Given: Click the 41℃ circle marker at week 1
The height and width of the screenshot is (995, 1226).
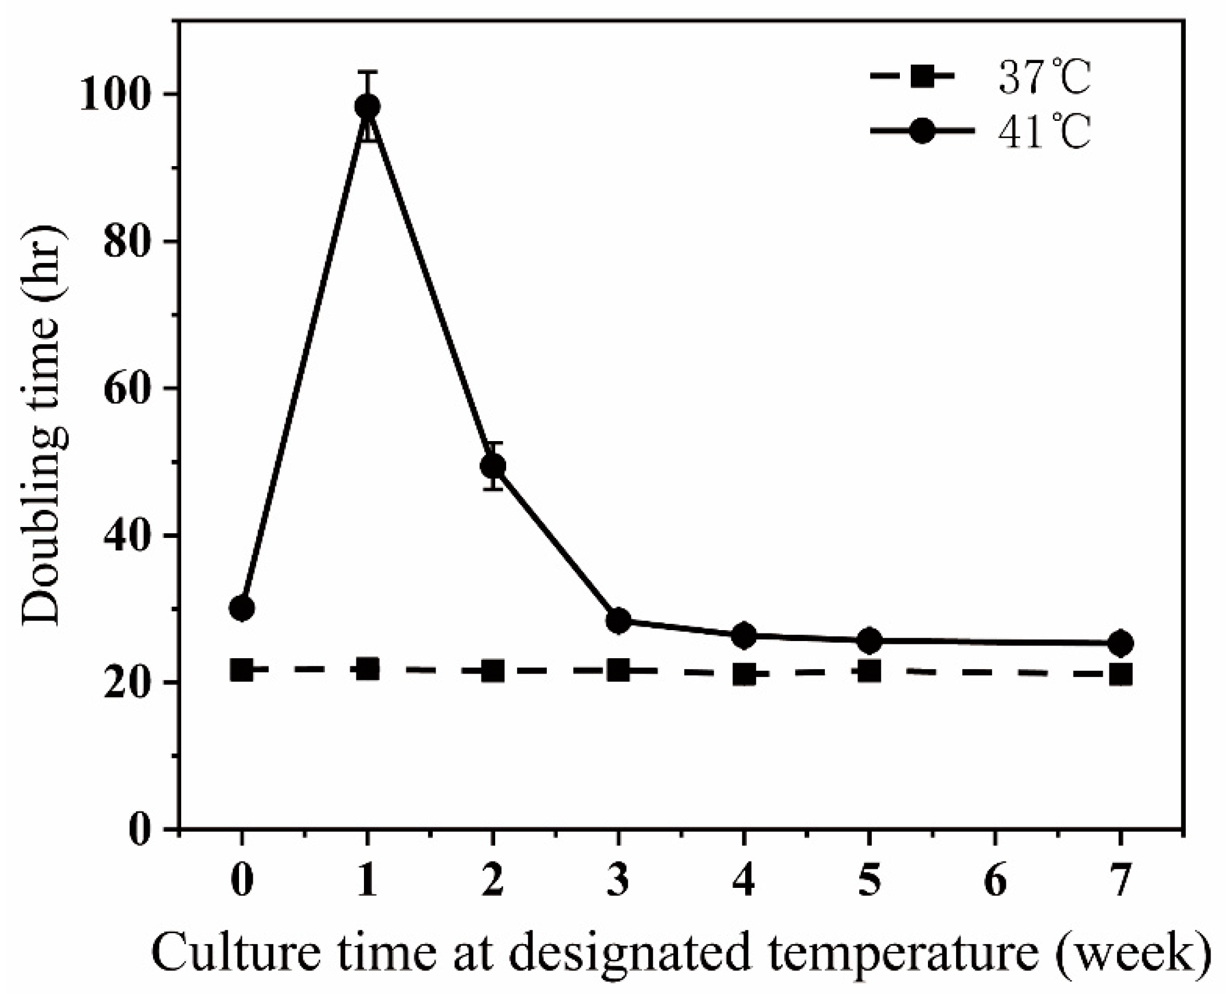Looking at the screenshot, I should coord(367,107).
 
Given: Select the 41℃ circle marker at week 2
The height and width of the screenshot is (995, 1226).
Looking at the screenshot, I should coord(492,466).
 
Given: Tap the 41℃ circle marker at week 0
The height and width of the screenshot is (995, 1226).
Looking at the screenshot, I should coord(241,608).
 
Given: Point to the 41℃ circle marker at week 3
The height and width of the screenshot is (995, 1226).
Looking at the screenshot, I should coord(618,620).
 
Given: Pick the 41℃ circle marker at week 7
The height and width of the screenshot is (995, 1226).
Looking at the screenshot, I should coord(1120,643).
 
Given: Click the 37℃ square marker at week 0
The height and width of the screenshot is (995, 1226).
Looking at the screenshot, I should coord(241,670).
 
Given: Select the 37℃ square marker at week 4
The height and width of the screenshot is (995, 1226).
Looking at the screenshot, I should coord(744,675).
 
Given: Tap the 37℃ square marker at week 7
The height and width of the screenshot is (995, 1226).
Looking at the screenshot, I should coord(1120,675).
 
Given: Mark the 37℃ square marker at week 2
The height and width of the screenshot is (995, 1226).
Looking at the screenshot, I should coord(492,671).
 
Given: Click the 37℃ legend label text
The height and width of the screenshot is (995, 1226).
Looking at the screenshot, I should coord(1043,78).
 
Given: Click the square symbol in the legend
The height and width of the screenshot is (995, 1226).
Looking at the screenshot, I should coord(922,77).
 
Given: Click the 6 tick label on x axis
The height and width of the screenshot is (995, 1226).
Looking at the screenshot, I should coord(995,880).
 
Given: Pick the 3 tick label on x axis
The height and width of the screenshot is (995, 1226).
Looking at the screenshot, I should coord(618,880).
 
